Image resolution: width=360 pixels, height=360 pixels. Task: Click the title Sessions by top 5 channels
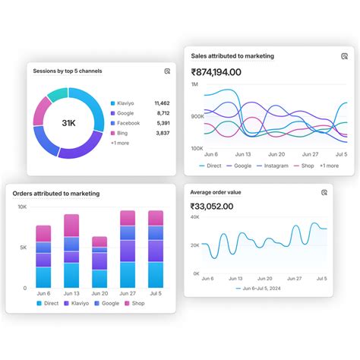pyautogui.click(x=68, y=71)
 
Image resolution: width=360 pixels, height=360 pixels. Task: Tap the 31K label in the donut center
pyautogui.click(x=68, y=123)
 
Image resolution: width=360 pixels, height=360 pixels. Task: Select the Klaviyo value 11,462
pyautogui.click(x=162, y=103)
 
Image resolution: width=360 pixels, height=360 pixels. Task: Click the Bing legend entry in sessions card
pyautogui.click(x=123, y=133)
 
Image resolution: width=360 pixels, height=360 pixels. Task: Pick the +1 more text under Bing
pyautogui.click(x=119, y=143)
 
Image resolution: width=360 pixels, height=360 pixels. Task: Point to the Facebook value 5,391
pyautogui.click(x=163, y=122)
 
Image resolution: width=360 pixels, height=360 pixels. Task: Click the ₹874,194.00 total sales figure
pyautogui.click(x=216, y=72)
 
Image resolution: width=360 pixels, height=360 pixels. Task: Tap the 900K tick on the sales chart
pyautogui.click(x=197, y=116)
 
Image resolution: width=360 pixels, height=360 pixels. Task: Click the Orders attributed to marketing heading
pyautogui.click(x=56, y=194)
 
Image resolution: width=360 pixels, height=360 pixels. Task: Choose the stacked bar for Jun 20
pyautogui.click(x=99, y=262)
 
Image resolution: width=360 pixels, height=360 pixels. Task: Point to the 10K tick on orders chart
pyautogui.click(x=22, y=207)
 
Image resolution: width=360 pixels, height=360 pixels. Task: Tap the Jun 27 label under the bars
pyautogui.click(x=128, y=294)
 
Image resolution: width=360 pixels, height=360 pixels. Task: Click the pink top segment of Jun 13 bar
pyautogui.click(x=71, y=226)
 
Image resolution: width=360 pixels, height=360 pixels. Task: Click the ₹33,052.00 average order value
pyautogui.click(x=212, y=206)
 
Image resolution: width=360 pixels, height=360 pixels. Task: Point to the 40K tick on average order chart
pyautogui.click(x=195, y=217)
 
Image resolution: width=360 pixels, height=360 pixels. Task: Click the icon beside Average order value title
pyautogui.click(x=324, y=192)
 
